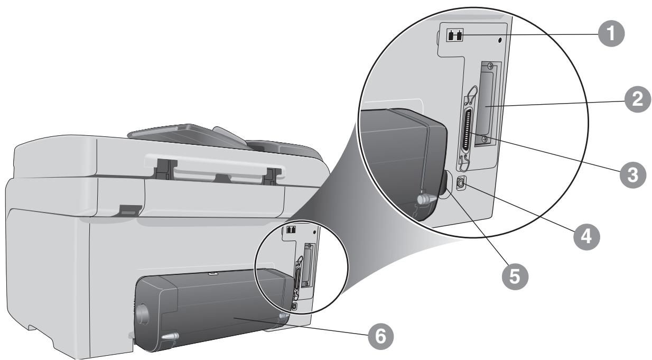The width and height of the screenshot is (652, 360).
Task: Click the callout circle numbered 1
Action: [x=611, y=33]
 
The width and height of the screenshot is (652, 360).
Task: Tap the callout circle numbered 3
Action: [x=632, y=175]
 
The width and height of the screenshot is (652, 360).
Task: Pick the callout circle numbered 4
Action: [x=586, y=236]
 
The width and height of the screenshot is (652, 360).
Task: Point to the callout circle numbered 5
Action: [x=515, y=276]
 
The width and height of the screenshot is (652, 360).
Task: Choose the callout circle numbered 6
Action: [x=381, y=337]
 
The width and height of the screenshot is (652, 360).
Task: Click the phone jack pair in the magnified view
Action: [x=454, y=36]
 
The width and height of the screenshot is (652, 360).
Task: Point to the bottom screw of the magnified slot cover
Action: [x=485, y=139]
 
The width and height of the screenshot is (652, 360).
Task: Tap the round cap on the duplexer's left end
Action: [x=143, y=314]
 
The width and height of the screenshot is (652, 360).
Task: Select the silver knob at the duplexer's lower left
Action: [x=170, y=336]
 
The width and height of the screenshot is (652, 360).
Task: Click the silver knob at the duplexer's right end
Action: [x=284, y=316]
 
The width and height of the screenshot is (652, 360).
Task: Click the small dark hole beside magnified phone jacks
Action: [x=500, y=40]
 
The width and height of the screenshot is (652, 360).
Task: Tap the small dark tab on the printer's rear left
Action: [x=130, y=210]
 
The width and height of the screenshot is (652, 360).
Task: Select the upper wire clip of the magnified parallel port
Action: [x=470, y=95]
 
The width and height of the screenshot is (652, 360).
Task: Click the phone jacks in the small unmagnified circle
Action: [x=291, y=230]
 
